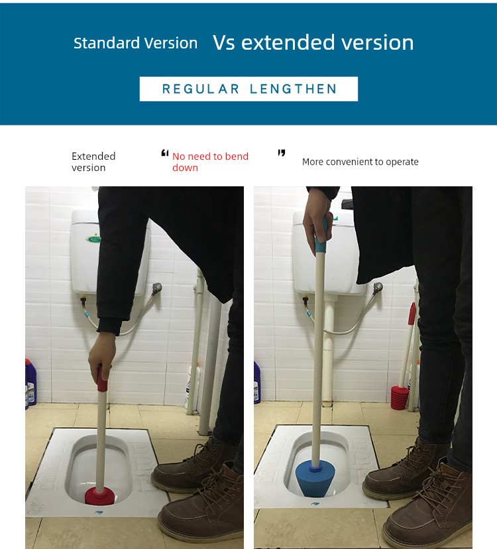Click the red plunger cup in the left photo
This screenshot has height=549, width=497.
[x=100, y=495]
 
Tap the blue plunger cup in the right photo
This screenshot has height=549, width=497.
[x=315, y=479]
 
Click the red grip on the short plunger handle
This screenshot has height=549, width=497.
[x=102, y=379]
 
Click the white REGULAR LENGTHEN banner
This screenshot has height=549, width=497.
[x=248, y=89]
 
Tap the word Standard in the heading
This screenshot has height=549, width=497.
[x=107, y=43]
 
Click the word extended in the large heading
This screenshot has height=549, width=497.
[x=288, y=42]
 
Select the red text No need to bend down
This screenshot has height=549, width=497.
[x=210, y=162]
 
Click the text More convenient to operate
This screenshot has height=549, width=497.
[x=360, y=162]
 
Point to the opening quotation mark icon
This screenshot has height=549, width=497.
[x=165, y=153]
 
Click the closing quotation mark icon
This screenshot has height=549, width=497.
[x=282, y=152]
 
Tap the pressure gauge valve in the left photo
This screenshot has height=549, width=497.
[x=157, y=288]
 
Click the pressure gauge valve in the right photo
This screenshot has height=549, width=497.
[x=378, y=288]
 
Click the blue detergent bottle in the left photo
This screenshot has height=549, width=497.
[x=30, y=383]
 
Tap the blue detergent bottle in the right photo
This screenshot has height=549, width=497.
[x=257, y=383]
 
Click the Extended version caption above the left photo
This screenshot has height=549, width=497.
[x=93, y=162]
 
